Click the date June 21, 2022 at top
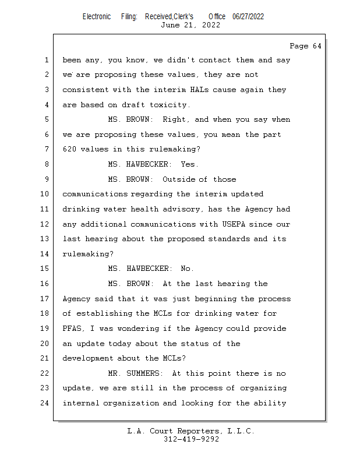(190, 25)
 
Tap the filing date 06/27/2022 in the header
(248, 16)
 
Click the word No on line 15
(188, 269)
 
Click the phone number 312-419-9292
(191, 439)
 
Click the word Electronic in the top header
(97, 16)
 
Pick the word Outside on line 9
(178, 179)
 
